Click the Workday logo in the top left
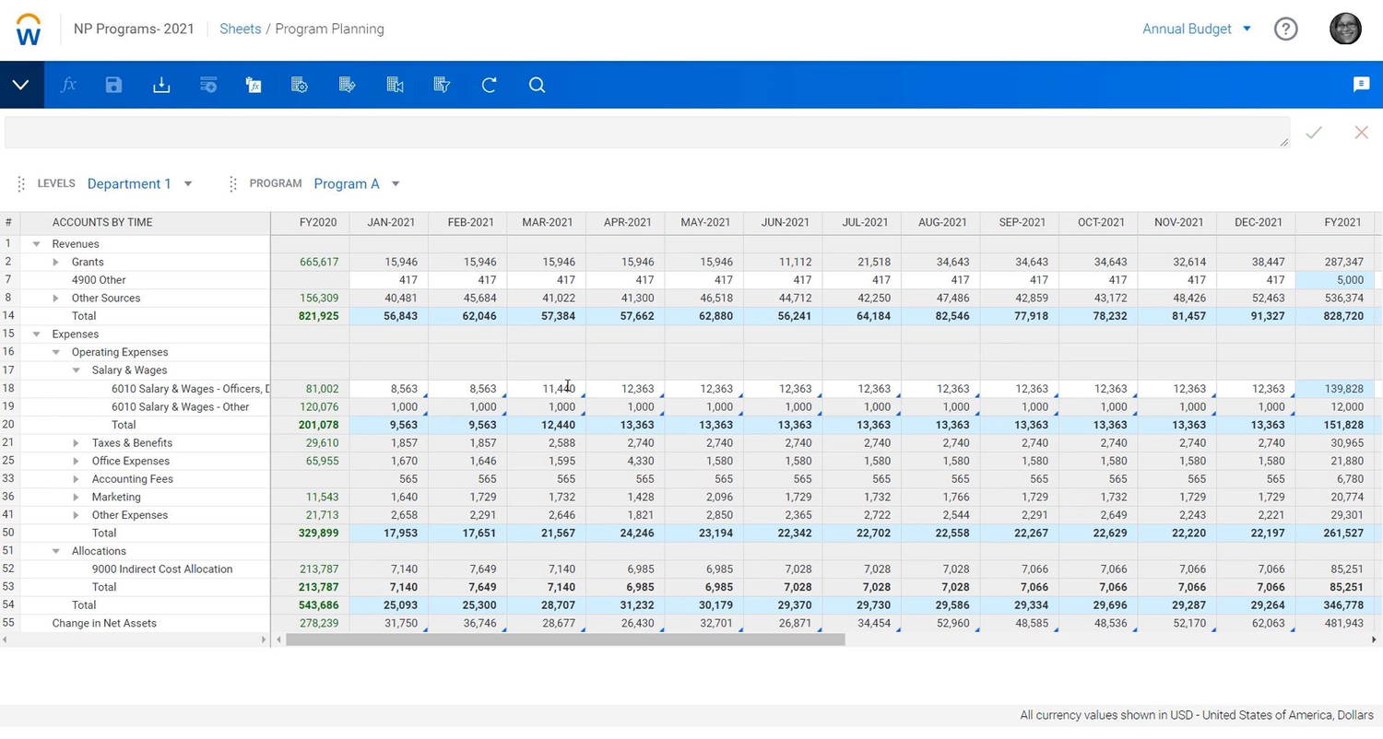29,29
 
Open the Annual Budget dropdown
1196,29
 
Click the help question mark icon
1285,29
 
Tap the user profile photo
1345,29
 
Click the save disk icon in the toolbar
113,85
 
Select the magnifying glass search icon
537,85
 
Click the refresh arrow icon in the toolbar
489,85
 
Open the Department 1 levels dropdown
139,183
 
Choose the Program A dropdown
356,183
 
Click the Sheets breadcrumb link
240,29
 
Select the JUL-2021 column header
864,222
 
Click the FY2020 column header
318,222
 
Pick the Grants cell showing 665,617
319,262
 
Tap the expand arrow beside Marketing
76,497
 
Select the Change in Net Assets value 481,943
1342,623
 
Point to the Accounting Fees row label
132,478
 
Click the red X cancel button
1361,133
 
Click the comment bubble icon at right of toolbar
1361,85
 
